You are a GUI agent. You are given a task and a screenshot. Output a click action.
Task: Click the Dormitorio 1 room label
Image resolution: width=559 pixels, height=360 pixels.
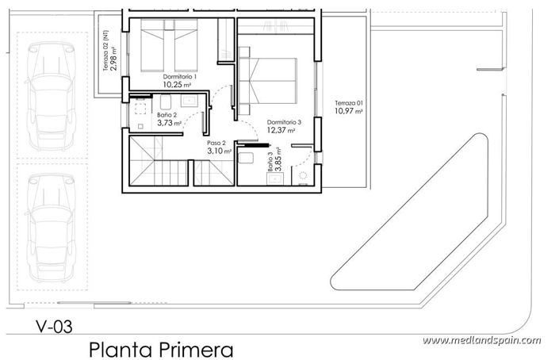(x=179, y=75)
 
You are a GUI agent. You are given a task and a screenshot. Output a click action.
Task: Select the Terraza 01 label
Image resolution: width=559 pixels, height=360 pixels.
(x=348, y=103)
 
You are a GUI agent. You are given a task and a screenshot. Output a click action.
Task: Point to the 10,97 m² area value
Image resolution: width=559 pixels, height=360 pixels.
(x=348, y=112)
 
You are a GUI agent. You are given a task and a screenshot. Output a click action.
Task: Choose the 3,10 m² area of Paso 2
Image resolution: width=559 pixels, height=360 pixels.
(x=219, y=151)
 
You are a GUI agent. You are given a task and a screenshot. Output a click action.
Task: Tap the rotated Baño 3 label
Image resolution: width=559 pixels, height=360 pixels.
(x=270, y=162)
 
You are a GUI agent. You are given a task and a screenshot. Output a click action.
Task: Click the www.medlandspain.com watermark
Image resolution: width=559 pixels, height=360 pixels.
(x=481, y=340)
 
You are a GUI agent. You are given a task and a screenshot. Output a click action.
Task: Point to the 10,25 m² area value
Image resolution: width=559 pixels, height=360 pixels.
(x=179, y=84)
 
